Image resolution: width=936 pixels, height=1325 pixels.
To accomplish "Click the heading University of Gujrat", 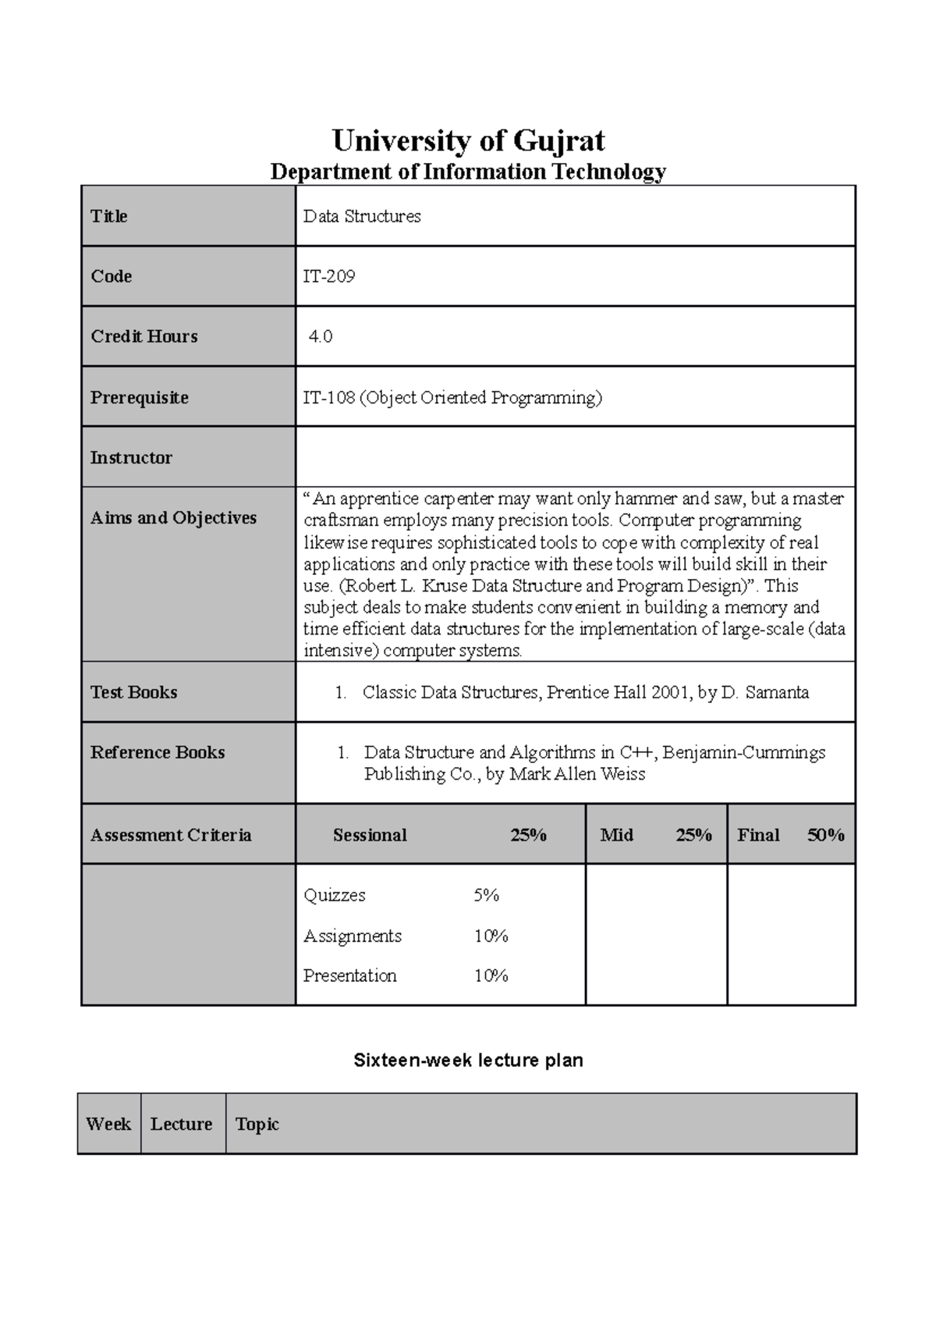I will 468,141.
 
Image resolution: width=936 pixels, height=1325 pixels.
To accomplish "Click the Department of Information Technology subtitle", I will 468,172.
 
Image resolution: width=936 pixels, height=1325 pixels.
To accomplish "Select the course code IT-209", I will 329,276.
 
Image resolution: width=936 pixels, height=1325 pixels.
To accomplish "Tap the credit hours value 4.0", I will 321,336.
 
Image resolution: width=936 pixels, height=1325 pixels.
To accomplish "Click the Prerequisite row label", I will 140,397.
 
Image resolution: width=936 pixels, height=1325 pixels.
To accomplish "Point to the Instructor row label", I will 131,457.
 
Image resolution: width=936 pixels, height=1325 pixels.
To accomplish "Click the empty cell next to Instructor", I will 575,457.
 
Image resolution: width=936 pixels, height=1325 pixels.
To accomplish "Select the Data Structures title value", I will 362,216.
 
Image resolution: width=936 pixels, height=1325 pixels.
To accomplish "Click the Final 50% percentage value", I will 826,835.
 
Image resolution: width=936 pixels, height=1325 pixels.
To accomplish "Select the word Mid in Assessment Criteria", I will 616,835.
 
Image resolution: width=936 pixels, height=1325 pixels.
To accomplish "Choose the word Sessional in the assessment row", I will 370,835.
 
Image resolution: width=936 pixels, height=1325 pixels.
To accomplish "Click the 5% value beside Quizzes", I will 486,895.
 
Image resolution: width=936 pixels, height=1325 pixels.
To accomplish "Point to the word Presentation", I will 349,975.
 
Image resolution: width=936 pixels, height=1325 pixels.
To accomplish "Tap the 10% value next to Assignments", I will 491,936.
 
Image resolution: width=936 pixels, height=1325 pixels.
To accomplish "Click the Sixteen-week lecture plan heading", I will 468,1060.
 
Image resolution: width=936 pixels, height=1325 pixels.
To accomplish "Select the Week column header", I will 108,1124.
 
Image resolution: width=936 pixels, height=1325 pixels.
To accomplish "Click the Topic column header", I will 257,1124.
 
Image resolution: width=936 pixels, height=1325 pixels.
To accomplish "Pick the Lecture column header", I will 181,1124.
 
